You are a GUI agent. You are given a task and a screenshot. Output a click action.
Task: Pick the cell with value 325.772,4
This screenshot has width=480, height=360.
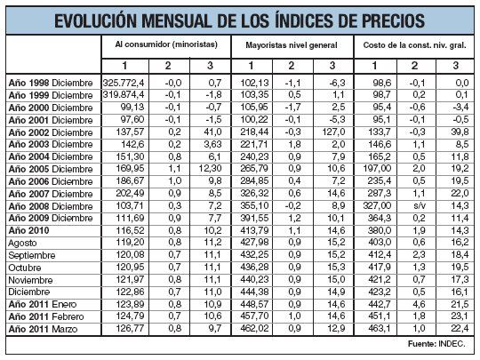[x=125, y=82]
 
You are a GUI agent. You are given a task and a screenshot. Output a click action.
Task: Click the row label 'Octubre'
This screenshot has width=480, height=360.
[x=26, y=266]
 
